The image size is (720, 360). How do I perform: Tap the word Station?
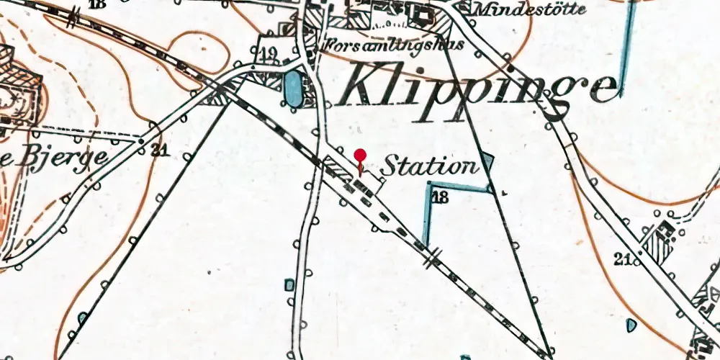[x=429, y=167]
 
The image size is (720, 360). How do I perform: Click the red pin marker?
[x=360, y=155]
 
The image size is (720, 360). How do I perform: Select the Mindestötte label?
[x=530, y=10]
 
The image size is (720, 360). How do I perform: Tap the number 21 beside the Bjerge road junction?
[x=159, y=150]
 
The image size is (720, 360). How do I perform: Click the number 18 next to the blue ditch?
[x=440, y=197]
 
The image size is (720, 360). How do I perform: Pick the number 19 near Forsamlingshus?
[x=268, y=53]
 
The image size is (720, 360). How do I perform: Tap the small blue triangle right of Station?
[x=488, y=163]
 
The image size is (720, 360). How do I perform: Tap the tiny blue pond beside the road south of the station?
[x=289, y=285]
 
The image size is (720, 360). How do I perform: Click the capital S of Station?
[x=390, y=167]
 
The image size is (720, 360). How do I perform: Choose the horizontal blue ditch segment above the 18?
[x=457, y=186]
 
